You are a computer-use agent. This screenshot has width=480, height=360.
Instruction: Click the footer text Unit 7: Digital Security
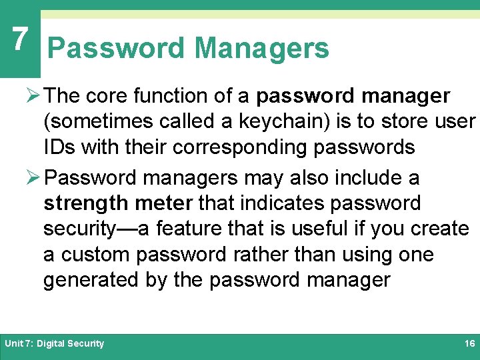tap(55, 344)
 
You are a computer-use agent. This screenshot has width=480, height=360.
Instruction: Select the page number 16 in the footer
tap(469, 344)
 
